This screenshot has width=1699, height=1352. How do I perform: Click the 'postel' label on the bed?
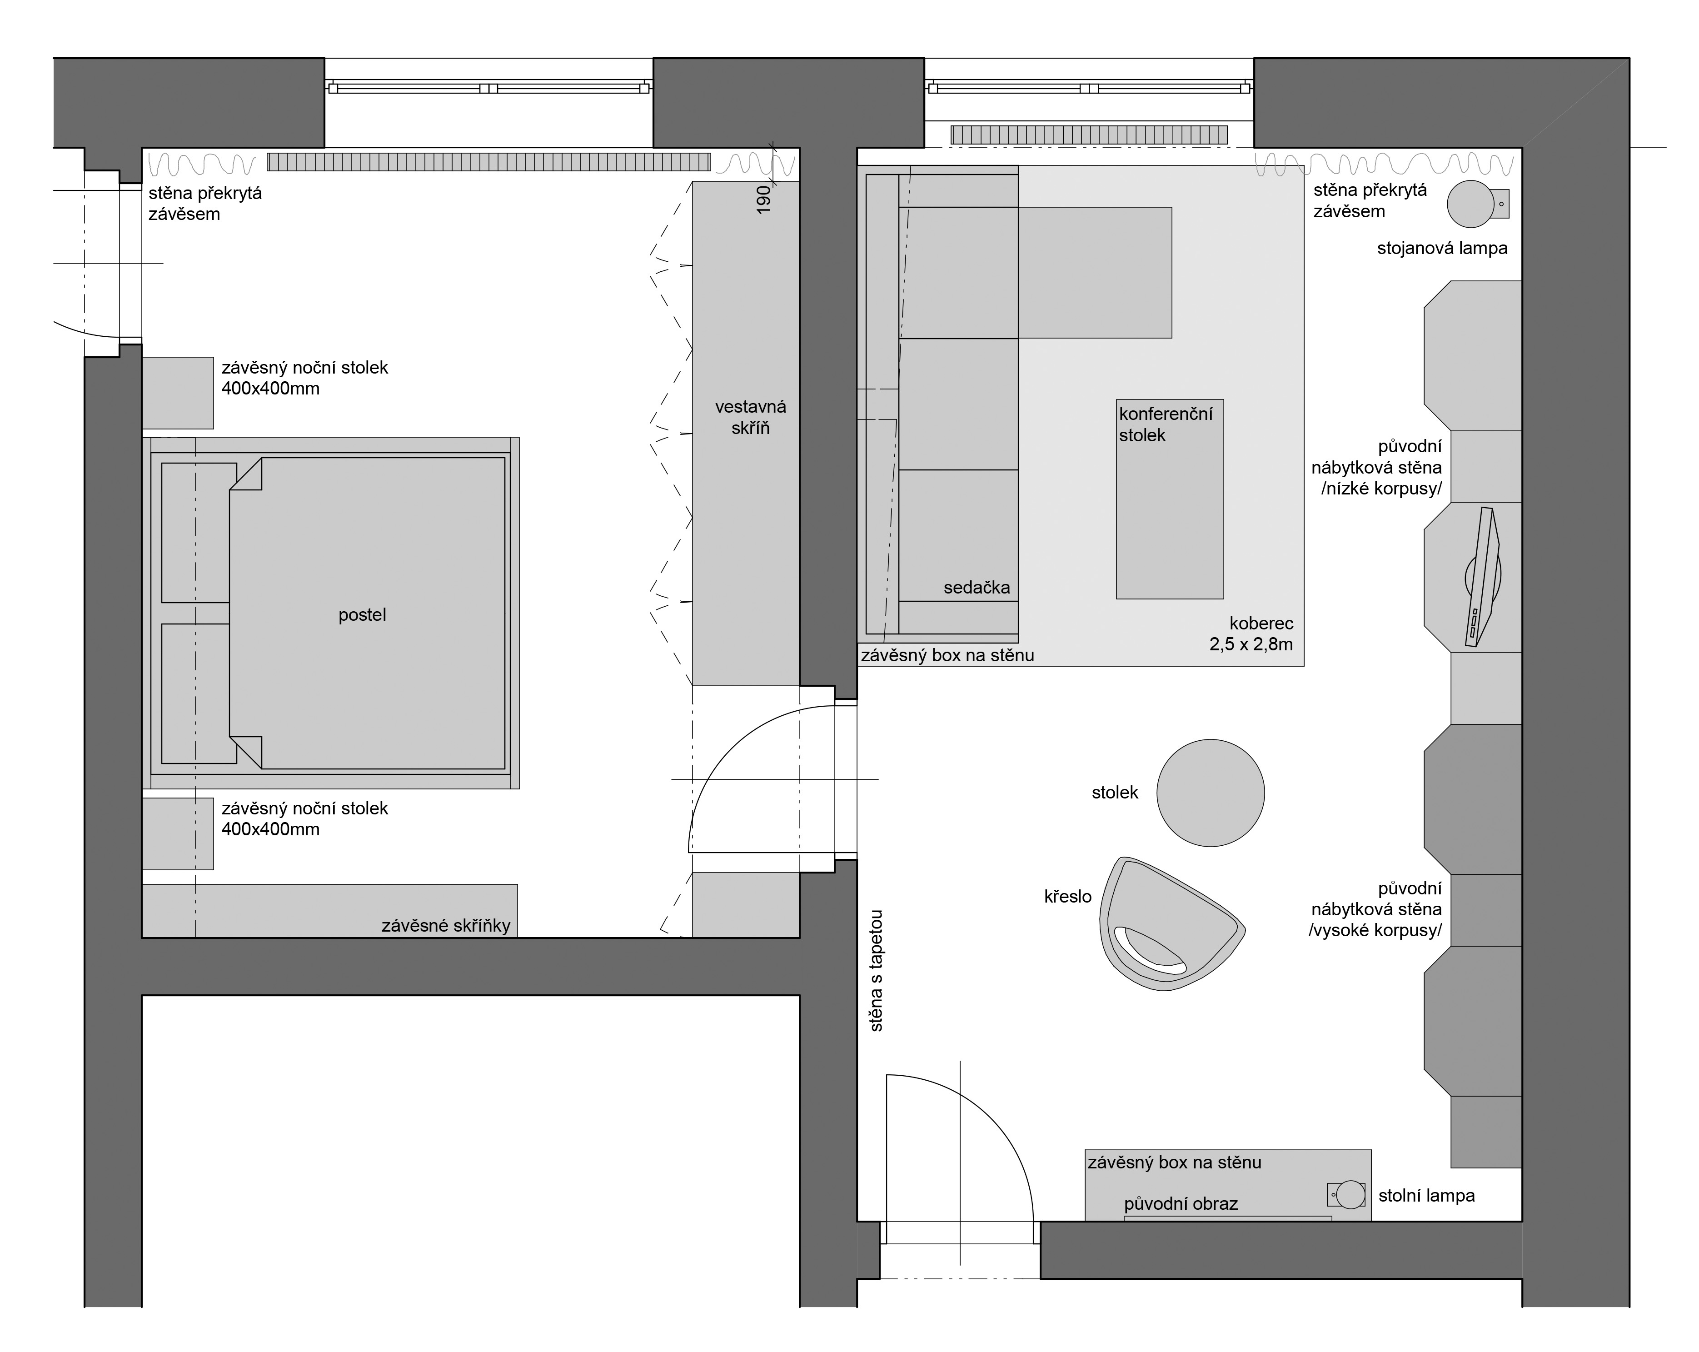[x=363, y=615]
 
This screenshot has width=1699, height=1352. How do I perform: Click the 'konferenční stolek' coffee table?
[x=1170, y=499]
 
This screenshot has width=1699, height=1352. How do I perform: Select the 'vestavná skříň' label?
[x=750, y=417]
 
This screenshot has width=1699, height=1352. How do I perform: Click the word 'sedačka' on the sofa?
[x=977, y=587]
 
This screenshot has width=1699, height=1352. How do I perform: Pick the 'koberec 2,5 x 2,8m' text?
[x=1251, y=634]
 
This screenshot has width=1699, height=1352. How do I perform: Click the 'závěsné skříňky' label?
[x=446, y=926]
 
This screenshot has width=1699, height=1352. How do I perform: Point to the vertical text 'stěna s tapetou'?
[x=876, y=971]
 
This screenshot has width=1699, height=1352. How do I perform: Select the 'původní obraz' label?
[x=1181, y=1204]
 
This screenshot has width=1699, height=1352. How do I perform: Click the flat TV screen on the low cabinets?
[x=1481, y=577]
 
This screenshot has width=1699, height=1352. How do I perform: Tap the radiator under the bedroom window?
[x=488, y=162]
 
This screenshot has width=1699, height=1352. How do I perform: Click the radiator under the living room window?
[x=1089, y=135]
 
